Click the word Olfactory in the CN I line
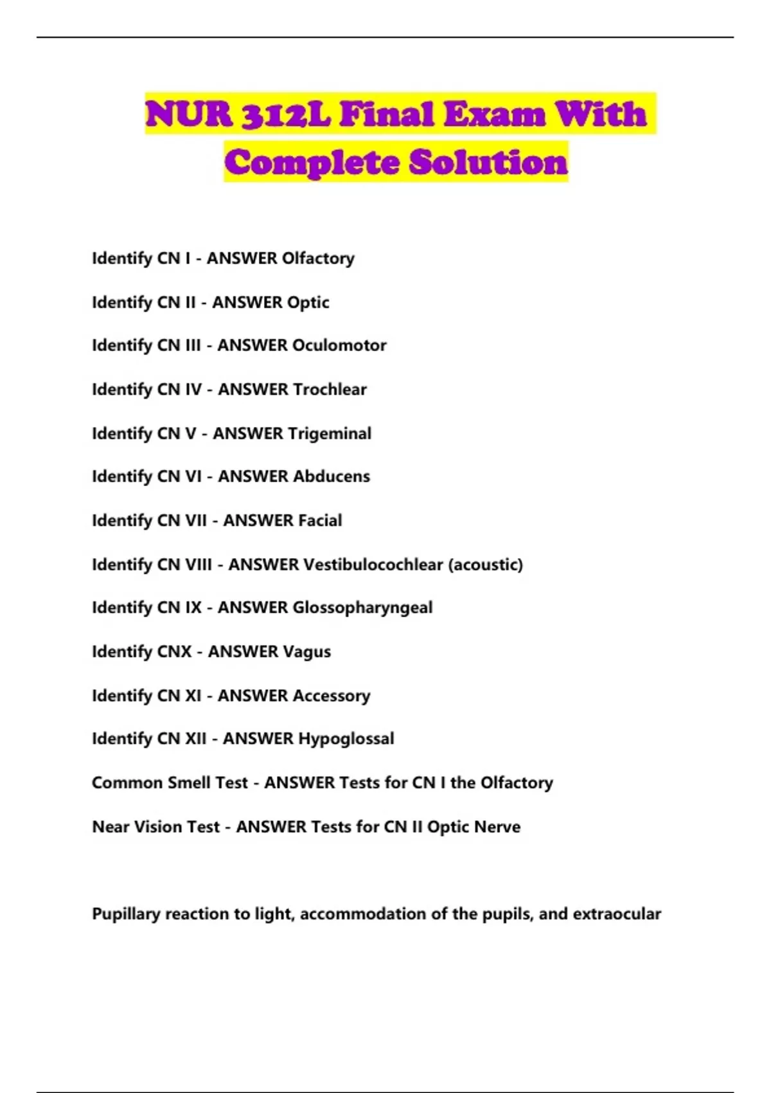pos(318,258)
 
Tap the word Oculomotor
pos(339,345)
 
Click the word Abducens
pos(331,476)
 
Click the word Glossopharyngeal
pos(362,608)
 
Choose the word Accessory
pos(332,696)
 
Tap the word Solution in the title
pos(488,161)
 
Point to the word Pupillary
pos(125,914)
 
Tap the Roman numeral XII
pos(196,739)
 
